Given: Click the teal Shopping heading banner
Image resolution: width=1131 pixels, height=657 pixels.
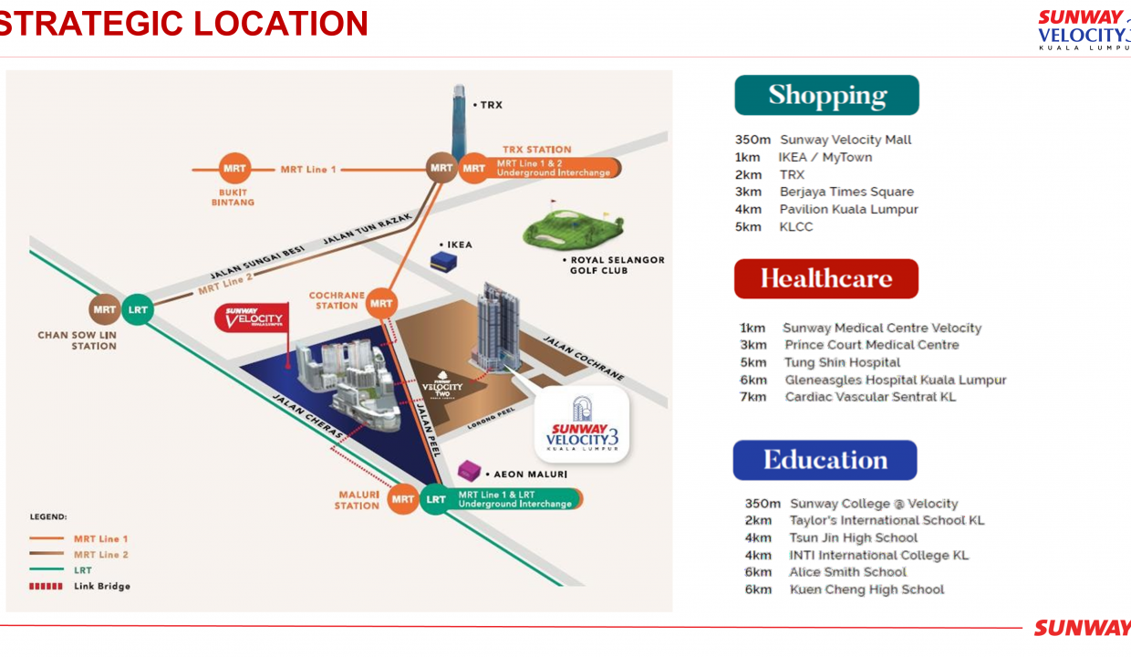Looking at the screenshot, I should pos(826,96).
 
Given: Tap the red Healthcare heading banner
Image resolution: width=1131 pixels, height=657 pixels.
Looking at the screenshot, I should pos(825,278).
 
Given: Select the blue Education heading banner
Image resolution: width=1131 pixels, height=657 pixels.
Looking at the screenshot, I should pos(825,460).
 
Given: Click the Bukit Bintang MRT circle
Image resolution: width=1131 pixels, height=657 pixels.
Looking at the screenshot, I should pos(234,169).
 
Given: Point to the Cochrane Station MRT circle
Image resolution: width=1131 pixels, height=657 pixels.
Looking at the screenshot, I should pos(382,303).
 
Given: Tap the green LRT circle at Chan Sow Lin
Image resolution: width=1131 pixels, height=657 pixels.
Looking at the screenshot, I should pos(138,310).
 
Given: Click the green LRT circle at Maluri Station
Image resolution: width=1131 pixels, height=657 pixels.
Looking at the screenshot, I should pos(436,499).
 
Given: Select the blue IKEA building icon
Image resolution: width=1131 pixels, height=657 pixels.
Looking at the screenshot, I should pos(444,260).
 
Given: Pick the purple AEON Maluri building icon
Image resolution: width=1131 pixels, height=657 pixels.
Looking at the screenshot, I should pos(471,471).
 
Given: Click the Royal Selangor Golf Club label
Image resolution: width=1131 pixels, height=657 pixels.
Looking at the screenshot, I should pos(617,265).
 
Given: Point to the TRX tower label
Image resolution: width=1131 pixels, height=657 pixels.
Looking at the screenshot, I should pos(491,105).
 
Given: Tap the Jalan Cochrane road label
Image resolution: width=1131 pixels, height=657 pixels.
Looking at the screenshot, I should pos(584,358).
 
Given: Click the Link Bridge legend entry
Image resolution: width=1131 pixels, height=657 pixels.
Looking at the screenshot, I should pos(101,586).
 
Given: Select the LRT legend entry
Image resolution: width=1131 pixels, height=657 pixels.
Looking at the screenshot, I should pos(82,570).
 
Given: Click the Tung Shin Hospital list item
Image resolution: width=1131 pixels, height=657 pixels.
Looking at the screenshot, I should pos(842,362).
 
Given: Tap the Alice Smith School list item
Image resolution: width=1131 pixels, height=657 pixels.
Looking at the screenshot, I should pos(847,572).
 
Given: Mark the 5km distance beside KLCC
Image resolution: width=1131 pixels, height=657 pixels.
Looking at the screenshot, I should pos(748,226).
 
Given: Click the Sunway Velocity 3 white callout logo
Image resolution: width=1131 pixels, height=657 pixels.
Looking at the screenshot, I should pos(582,426).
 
